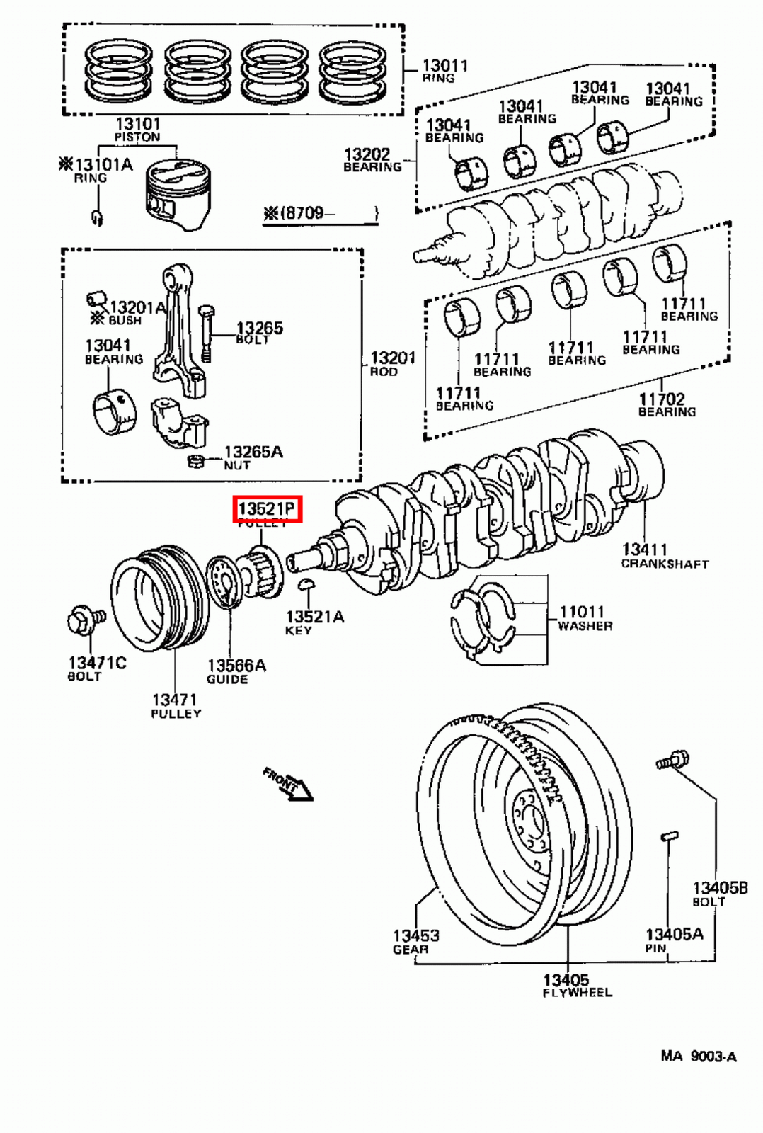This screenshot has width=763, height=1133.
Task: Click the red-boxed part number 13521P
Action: coord(268,509)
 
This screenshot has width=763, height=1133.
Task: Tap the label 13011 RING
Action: coord(444,70)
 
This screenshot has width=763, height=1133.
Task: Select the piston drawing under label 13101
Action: coord(178,195)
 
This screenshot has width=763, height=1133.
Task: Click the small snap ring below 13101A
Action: coord(97,217)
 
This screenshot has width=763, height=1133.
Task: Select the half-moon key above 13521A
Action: coord(306,583)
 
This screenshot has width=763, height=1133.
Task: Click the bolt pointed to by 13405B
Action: coord(672,759)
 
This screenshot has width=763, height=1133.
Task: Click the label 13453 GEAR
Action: coord(415,941)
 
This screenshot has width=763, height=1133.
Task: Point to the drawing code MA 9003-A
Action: coord(698,1057)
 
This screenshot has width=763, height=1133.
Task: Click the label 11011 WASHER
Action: coord(584,617)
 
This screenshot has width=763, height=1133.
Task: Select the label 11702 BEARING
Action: coord(666,404)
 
